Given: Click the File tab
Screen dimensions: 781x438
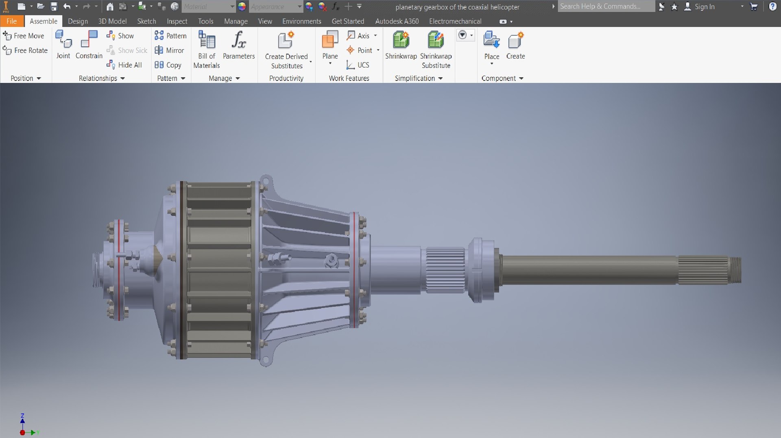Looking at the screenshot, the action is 11,21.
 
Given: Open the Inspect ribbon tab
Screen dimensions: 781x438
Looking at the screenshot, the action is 177,21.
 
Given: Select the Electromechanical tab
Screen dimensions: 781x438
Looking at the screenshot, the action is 455,21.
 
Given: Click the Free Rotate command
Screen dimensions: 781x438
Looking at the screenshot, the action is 25,50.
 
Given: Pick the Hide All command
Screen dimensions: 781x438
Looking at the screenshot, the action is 124,65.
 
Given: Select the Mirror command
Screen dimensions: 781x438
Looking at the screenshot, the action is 170,50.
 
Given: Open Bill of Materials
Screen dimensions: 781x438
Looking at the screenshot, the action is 207,41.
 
